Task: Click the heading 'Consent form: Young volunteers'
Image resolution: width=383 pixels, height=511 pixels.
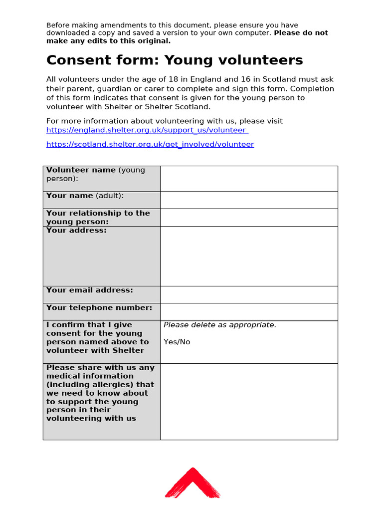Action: click(x=175, y=60)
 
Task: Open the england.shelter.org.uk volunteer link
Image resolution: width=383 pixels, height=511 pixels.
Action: click(x=147, y=130)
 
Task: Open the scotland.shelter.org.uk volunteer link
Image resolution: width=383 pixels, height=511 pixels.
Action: click(x=150, y=144)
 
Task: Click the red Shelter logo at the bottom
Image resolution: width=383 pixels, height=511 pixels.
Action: click(x=192, y=483)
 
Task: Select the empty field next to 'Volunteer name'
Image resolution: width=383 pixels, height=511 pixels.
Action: click(x=249, y=179)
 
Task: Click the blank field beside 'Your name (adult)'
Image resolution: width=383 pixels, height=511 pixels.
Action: click(x=249, y=200)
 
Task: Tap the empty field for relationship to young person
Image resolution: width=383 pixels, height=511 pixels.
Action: click(x=249, y=218)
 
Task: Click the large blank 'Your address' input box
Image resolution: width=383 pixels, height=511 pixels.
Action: click(x=249, y=256)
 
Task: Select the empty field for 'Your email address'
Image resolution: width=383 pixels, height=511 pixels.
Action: click(x=249, y=294)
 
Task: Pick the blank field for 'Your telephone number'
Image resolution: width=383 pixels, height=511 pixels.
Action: click(x=249, y=312)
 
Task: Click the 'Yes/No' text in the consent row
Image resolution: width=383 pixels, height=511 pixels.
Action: click(x=177, y=342)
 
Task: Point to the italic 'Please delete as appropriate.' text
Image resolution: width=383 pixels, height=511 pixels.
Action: click(x=220, y=325)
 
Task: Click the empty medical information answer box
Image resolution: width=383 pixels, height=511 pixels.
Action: click(x=249, y=402)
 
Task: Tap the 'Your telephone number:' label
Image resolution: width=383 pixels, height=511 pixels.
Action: click(x=99, y=308)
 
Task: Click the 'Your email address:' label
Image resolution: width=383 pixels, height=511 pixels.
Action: click(x=90, y=290)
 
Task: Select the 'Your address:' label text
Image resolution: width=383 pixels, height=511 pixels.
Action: click(x=76, y=231)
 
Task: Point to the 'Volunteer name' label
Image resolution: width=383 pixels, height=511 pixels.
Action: click(x=81, y=170)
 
